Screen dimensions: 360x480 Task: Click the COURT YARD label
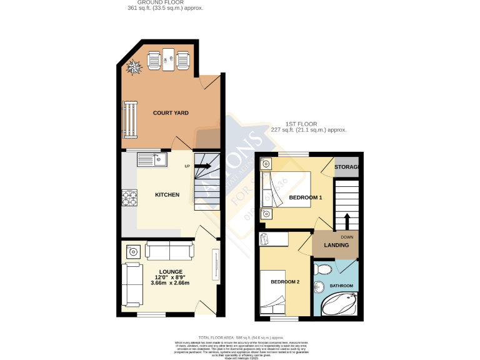pyautogui.click(x=171, y=113)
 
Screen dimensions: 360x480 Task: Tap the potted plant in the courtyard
pyautogui.click(x=134, y=67)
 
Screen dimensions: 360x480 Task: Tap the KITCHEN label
pyautogui.click(x=167, y=195)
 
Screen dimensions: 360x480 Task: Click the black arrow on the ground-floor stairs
pyautogui.click(x=202, y=167)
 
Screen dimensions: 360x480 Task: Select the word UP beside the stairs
pyautogui.click(x=187, y=166)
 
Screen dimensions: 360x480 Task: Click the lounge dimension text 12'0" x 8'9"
pyautogui.click(x=170, y=277)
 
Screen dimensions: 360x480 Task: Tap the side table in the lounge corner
pyautogui.click(x=133, y=252)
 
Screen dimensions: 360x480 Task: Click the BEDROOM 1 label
pyautogui.click(x=305, y=198)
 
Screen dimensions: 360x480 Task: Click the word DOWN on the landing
pyautogui.click(x=347, y=237)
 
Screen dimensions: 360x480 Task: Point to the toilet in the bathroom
pyautogui.click(x=323, y=269)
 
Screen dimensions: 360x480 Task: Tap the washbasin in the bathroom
pyautogui.click(x=319, y=288)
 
